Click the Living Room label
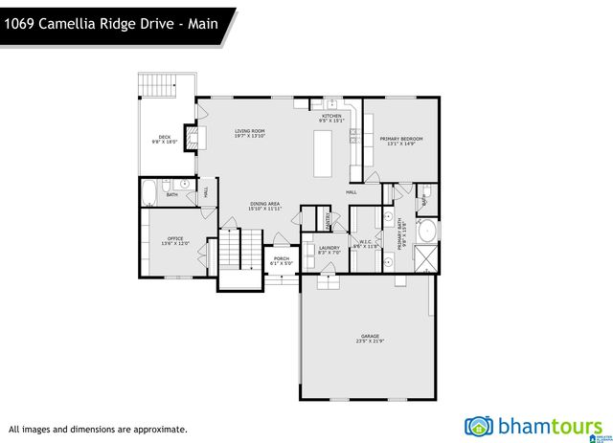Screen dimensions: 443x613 (x=251, y=131)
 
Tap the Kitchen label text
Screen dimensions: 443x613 (x=330, y=116)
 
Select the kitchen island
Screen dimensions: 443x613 (x=324, y=153)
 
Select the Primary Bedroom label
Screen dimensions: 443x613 (x=400, y=139)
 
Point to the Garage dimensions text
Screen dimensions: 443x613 (x=369, y=342)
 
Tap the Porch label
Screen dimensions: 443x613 (x=282, y=258)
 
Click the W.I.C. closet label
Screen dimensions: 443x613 (x=365, y=241)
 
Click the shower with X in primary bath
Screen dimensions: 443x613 (x=428, y=256)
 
